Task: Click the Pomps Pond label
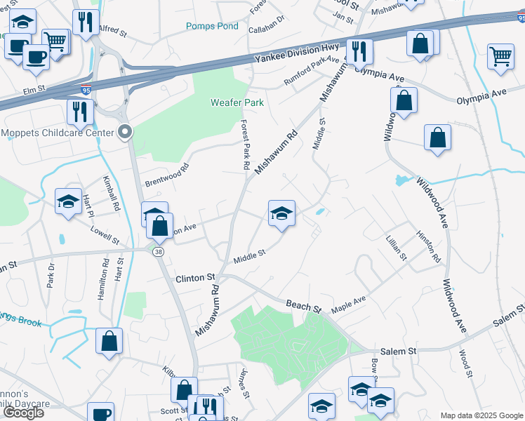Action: tap(212, 26)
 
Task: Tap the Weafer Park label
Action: tap(237, 102)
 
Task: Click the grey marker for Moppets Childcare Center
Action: tap(126, 131)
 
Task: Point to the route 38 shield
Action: tap(159, 250)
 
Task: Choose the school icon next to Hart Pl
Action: tap(67, 202)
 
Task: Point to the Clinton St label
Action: tap(195, 278)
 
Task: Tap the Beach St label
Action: tap(303, 306)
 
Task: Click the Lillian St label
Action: tap(396, 248)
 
